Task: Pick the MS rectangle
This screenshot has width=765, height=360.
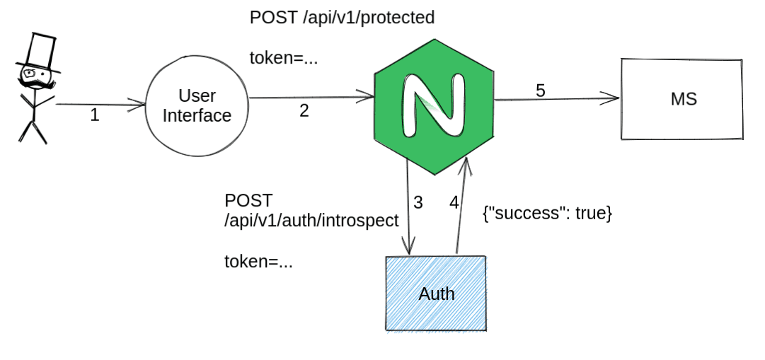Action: [682, 99]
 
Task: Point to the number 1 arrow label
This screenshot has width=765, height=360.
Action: [95, 115]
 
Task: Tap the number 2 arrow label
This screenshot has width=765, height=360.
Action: [304, 111]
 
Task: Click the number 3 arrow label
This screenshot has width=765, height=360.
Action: [418, 202]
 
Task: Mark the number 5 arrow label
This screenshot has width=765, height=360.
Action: [541, 91]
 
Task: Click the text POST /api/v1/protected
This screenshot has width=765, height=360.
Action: [342, 18]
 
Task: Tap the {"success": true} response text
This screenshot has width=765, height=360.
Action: [547, 213]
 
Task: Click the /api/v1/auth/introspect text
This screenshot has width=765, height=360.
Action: [311, 221]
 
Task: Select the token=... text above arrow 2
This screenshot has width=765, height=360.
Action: [284, 58]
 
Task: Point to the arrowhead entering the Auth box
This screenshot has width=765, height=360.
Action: [408, 248]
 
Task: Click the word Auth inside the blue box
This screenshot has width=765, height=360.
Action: [437, 294]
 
